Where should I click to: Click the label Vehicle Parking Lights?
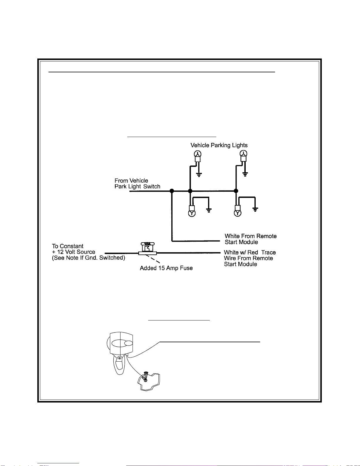tap(219, 146)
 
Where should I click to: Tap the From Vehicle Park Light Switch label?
tap(137, 183)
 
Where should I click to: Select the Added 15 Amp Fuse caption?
tap(166, 268)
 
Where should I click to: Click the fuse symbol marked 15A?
tap(148, 248)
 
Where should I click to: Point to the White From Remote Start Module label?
tap(250, 239)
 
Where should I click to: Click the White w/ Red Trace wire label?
tap(250, 258)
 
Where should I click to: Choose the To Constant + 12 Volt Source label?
tap(88, 252)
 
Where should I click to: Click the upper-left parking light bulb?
tap(197, 156)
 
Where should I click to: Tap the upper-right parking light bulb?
tap(243, 156)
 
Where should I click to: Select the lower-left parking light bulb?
tap(192, 211)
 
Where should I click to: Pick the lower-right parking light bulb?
tap(238, 211)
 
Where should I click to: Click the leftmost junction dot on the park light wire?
tap(172, 191)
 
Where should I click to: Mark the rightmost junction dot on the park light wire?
tap(236, 191)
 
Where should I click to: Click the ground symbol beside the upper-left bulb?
tap(199, 175)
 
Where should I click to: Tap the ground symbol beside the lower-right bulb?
tap(255, 210)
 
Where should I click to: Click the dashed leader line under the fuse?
tap(153, 259)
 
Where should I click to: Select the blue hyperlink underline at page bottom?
tap(58, 463)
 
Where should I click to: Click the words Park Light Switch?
tap(137, 187)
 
